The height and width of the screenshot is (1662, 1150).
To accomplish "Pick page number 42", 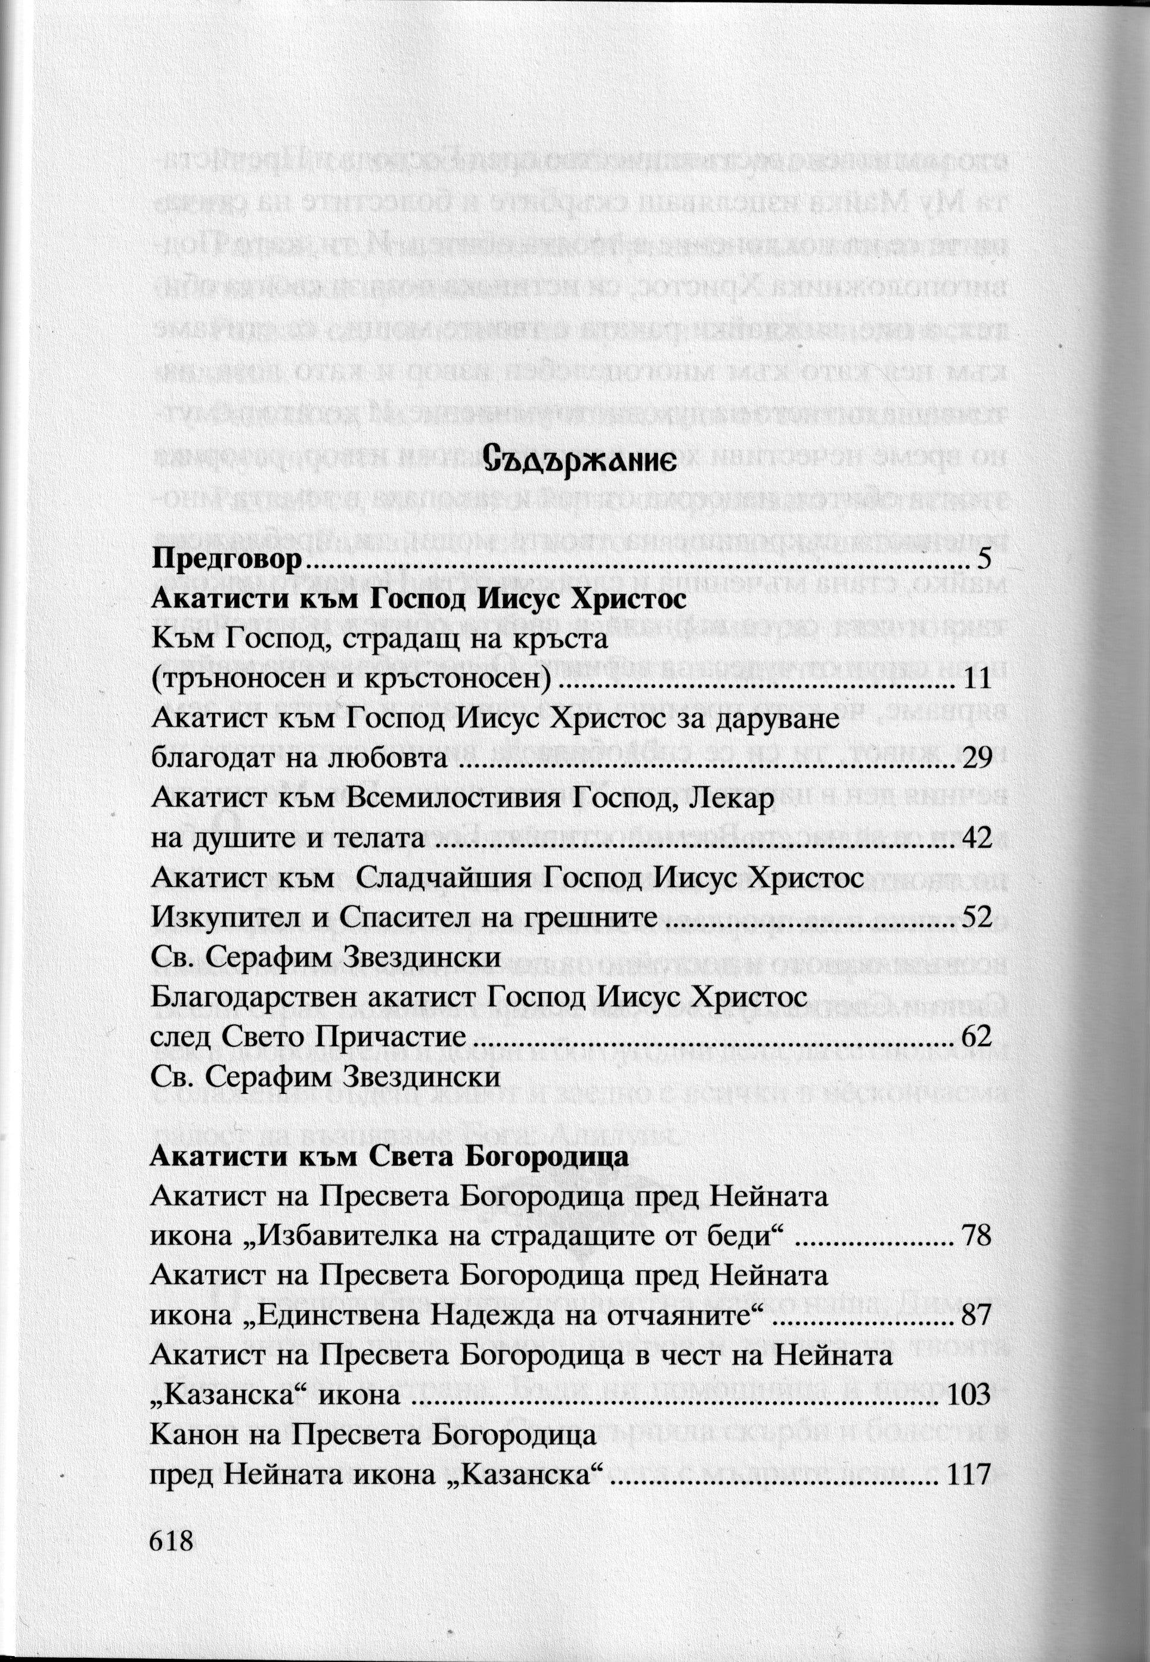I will pyautogui.click(x=978, y=838).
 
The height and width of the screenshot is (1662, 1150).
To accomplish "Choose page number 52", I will pyautogui.click(x=978, y=917).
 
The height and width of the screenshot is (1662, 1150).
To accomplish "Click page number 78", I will pyautogui.click(x=977, y=1236).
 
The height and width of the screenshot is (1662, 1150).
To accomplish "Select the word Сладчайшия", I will pyautogui.click(x=442, y=878).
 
